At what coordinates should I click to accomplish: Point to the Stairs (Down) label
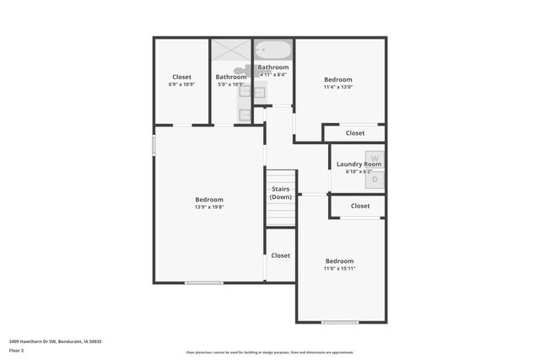click(281, 193)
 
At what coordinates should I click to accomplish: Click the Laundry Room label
click(359, 164)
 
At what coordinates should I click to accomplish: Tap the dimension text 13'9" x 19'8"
click(209, 208)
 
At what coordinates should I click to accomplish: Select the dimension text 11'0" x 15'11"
click(339, 269)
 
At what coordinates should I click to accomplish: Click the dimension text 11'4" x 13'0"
click(338, 86)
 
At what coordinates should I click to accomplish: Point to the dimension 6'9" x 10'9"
click(181, 84)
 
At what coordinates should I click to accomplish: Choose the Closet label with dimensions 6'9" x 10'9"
click(181, 76)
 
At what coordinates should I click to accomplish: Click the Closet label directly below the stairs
click(280, 255)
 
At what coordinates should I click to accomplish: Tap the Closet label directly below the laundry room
click(359, 206)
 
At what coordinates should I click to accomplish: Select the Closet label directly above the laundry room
click(354, 133)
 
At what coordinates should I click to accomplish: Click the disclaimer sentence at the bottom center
click(270, 352)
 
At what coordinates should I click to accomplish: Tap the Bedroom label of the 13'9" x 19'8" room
click(209, 200)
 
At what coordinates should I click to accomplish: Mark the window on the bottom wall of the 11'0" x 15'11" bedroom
click(340, 322)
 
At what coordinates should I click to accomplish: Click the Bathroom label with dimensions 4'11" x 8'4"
click(273, 67)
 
